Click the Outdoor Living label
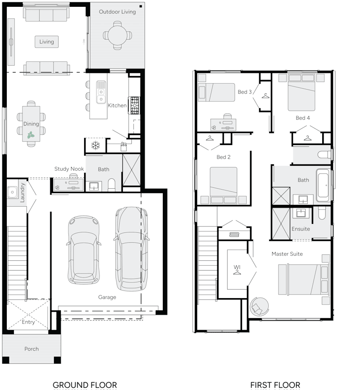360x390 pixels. coord(117,12)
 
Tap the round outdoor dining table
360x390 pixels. coord(117,35)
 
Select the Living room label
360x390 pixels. coord(46,42)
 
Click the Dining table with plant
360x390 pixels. coord(31,124)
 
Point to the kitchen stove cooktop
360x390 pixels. coord(135,105)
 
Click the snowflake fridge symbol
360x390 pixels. coord(95,145)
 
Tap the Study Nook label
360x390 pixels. coord(69,169)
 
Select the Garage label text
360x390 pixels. coord(107,297)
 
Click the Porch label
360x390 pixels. coord(31,349)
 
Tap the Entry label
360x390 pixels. coord(28,322)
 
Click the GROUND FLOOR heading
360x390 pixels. coord(85,385)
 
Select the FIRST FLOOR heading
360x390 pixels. coord(275,385)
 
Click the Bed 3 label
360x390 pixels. coord(244,92)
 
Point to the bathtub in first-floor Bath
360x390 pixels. coord(323,185)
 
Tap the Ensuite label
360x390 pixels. coord(301,229)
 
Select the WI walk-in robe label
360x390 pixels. coord(237,268)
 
